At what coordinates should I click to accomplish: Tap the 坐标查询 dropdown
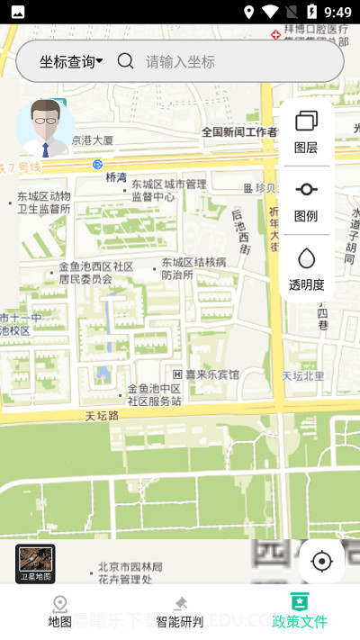click(70, 61)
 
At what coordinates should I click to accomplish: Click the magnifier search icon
click(126, 61)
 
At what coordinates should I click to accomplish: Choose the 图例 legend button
click(306, 201)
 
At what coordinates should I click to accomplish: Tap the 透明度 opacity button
click(306, 269)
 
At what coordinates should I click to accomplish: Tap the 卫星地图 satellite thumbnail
click(35, 563)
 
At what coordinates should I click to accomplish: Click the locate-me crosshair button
click(321, 562)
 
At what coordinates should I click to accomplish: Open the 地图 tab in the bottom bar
click(60, 611)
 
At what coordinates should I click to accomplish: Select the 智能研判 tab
click(180, 611)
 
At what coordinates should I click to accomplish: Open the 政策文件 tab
click(300, 611)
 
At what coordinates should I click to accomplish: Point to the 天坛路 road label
click(103, 416)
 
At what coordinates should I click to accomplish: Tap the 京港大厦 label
click(92, 140)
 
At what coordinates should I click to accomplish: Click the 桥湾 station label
click(115, 177)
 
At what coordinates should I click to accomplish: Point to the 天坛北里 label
click(303, 375)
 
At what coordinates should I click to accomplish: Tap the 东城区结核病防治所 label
click(193, 268)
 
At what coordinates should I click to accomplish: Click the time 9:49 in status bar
click(337, 12)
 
